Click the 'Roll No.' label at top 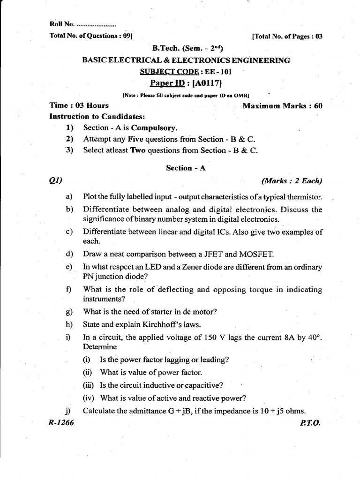point(59,24)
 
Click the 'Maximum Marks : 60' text point(283,106)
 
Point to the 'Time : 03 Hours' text point(79,105)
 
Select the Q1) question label point(55,180)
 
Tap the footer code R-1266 point(61,422)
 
